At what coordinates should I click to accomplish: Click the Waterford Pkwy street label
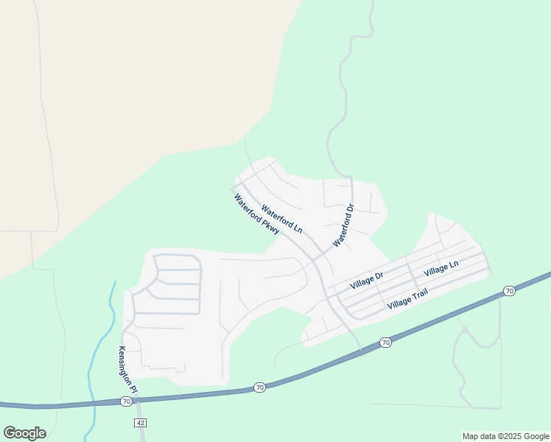257,215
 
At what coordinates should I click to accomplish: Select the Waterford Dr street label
344,225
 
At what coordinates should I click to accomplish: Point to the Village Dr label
367,280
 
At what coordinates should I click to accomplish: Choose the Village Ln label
441,268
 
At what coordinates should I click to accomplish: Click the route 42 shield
140,422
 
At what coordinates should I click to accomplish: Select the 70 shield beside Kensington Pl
126,401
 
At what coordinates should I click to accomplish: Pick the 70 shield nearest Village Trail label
385,343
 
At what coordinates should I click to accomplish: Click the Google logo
24,433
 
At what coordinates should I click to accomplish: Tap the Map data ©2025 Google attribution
505,436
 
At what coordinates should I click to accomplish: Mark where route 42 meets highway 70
138,400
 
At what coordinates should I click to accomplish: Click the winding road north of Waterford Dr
341,96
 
